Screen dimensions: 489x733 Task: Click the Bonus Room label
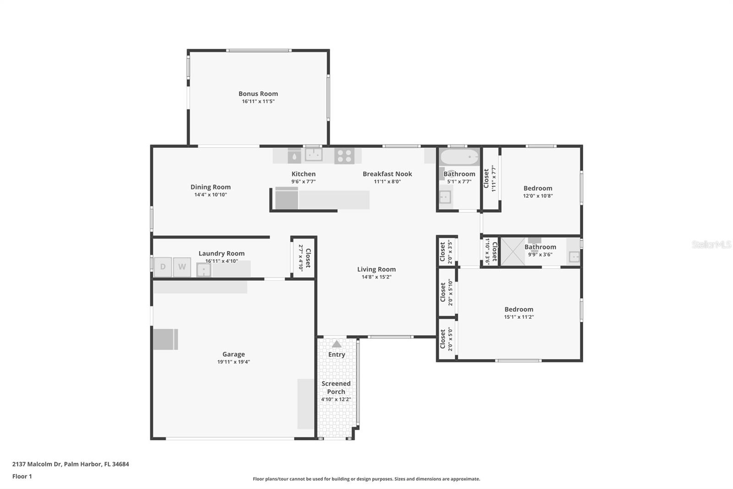click(258, 94)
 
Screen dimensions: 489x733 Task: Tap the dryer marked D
click(163, 267)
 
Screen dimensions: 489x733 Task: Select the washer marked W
click(182, 267)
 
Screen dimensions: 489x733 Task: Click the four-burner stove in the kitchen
click(344, 156)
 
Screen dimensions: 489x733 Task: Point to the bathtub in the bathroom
click(459, 157)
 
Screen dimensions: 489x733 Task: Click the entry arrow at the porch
click(337, 344)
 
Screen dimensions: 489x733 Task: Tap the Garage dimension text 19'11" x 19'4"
click(234, 362)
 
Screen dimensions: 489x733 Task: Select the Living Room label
click(376, 269)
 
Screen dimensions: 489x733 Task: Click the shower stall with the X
click(513, 251)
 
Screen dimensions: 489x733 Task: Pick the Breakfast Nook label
click(387, 174)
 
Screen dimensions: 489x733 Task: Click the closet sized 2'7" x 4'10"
click(304, 258)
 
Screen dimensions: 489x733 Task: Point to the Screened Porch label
click(336, 388)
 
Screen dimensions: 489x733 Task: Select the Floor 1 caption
click(22, 477)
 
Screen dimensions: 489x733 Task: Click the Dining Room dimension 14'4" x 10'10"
click(210, 194)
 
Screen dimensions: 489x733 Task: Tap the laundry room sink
click(203, 270)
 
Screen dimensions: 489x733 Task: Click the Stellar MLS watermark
click(711, 244)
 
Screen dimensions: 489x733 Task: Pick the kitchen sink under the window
click(313, 155)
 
